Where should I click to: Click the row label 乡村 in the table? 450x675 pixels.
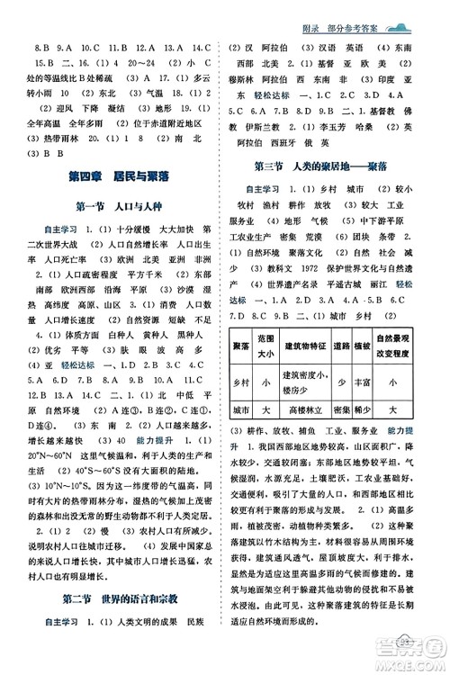(240, 381)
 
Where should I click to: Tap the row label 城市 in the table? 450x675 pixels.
(240, 409)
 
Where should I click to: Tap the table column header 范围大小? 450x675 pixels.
(265, 346)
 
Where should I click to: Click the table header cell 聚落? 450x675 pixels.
(240, 346)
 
